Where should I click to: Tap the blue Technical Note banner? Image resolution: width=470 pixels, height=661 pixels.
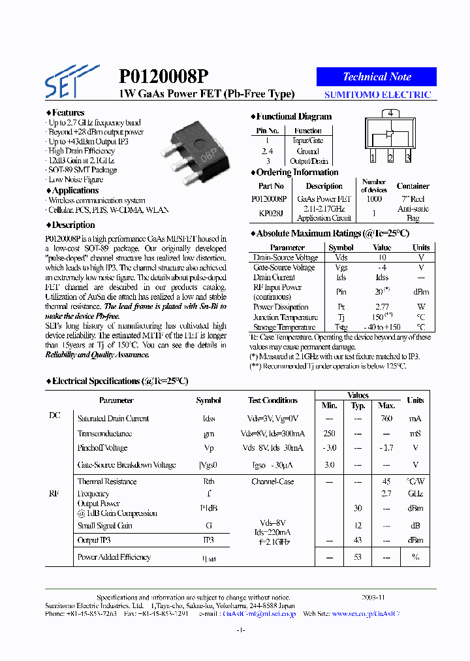(377, 76)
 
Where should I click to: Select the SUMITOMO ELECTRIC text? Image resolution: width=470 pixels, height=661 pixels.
(377, 95)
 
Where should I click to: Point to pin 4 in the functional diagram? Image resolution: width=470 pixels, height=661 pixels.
(390, 113)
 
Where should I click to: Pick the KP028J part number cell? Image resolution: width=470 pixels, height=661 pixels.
(272, 213)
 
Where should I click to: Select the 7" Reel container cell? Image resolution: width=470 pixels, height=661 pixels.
(413, 199)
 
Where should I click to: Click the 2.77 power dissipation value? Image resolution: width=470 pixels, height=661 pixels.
(382, 307)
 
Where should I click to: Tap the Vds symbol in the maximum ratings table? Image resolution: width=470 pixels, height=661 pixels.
(341, 258)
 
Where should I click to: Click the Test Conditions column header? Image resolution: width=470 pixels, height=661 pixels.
(272, 400)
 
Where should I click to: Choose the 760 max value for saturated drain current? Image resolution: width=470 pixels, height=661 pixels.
(386, 419)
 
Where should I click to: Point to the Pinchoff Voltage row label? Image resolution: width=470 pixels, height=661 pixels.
(102, 448)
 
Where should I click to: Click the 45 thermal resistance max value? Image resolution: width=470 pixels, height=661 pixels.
(386, 481)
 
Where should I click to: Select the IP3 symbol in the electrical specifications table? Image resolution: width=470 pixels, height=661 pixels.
(209, 540)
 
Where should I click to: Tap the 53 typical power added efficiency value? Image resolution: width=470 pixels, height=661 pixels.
(358, 557)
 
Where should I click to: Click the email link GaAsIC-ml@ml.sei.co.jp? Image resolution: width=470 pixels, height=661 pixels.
(259, 614)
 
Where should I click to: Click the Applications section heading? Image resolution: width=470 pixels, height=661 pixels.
(75, 191)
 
